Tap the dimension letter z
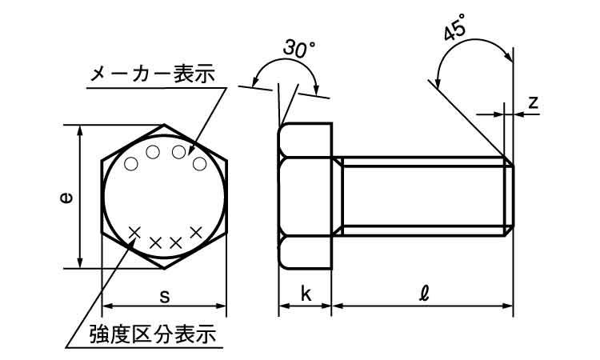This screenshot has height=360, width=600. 533,102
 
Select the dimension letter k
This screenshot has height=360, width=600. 306,294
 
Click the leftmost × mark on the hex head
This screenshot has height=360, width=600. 135,232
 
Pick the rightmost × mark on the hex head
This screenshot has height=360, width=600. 195,232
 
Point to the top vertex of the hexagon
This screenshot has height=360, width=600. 165,125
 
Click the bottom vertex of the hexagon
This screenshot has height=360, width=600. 165,269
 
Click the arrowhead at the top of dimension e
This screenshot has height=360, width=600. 79,130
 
